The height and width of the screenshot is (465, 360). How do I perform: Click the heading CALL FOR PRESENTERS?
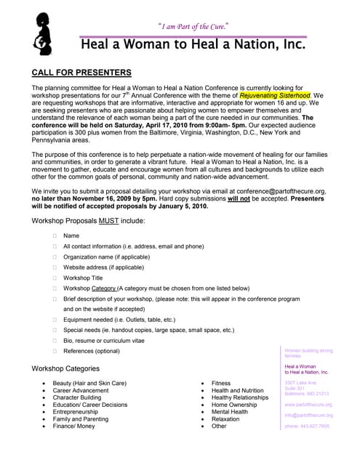82,73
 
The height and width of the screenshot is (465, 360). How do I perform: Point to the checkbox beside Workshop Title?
55,278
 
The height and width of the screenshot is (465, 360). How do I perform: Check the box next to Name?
55,235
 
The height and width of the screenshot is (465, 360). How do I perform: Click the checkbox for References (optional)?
55,351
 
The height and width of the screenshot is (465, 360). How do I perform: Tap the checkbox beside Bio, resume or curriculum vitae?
55,340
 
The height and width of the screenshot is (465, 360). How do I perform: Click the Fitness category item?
220,383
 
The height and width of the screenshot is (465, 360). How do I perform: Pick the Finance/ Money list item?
73,426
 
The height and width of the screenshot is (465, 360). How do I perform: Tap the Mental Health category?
229,412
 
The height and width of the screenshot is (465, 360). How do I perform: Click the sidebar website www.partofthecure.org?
308,404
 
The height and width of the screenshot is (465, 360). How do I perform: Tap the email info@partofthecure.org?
308,415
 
